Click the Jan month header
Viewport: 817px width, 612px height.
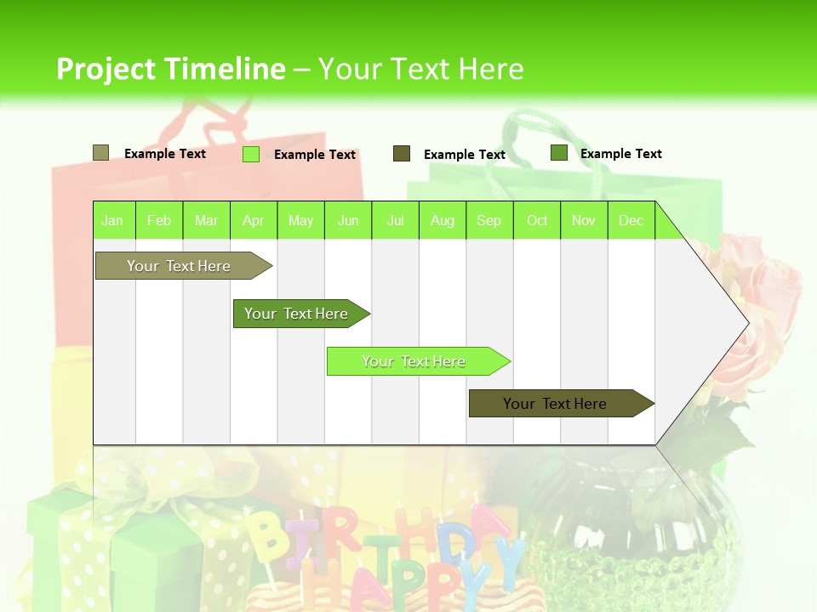click(x=112, y=220)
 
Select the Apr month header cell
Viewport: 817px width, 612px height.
click(x=253, y=220)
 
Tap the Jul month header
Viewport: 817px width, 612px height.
click(x=395, y=220)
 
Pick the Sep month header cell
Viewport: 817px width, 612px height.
click(x=488, y=220)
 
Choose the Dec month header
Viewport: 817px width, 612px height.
click(x=631, y=220)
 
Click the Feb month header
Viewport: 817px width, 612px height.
click(x=159, y=220)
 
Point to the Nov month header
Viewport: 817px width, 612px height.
click(x=583, y=220)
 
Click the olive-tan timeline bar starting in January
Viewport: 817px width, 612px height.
click(x=179, y=266)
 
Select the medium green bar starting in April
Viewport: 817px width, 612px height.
click(x=296, y=314)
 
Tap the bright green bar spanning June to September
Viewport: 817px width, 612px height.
click(x=414, y=361)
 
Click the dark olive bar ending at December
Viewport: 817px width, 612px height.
click(x=555, y=404)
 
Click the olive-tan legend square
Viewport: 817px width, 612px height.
click(x=100, y=153)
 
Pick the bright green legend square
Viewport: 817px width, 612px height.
click(x=250, y=154)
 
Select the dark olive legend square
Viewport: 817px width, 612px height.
click(x=401, y=154)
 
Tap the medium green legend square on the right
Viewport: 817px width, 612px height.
click(x=558, y=153)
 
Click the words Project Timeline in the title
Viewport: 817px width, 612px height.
click(x=170, y=69)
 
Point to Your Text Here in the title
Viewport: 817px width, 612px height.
click(x=420, y=69)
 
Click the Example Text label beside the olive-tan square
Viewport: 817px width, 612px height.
click(x=164, y=154)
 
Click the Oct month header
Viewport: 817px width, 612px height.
click(x=537, y=220)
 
